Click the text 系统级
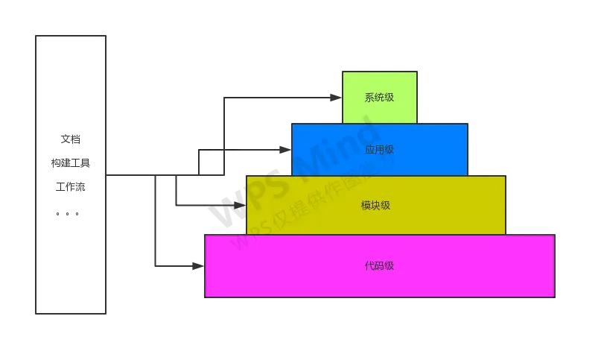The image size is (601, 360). (379, 98)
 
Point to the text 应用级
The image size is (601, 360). (379, 150)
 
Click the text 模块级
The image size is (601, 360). (375, 205)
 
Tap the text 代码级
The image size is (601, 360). (379, 266)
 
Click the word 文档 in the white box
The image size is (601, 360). (71, 139)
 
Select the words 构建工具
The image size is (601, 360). (71, 163)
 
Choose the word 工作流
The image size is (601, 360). (71, 187)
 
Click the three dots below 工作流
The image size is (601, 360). (67, 214)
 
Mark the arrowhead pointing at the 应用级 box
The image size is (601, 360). (284, 149)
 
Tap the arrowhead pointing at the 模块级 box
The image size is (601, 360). (240, 204)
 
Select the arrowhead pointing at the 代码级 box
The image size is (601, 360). (197, 265)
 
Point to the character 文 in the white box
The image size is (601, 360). (66, 139)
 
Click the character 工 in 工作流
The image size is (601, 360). (61, 187)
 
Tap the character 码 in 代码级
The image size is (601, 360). (379, 266)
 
